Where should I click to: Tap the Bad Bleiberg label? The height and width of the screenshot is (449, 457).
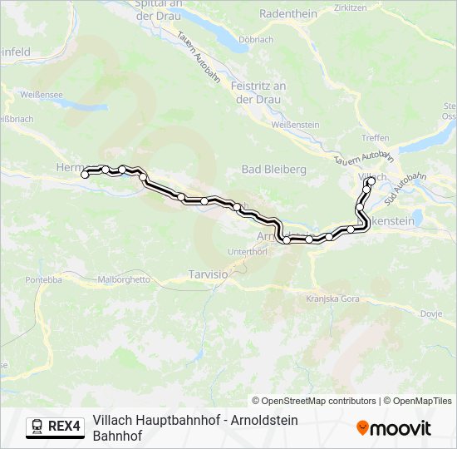pos(273,169)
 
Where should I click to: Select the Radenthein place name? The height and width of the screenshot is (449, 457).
pos(289,14)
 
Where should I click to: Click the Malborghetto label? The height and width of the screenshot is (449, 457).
pos(125,280)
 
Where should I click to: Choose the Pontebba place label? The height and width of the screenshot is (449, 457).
pos(43,280)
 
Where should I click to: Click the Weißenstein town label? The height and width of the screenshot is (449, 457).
pos(295,124)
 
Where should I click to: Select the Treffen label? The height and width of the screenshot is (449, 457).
pos(376,138)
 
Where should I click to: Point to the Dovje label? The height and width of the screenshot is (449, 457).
pos(431,313)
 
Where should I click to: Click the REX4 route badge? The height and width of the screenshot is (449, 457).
pos(56,427)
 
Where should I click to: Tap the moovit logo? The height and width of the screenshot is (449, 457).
pos(394,428)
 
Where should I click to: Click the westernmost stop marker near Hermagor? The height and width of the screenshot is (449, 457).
pos(85,175)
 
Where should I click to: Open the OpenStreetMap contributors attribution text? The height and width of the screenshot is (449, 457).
pos(314,401)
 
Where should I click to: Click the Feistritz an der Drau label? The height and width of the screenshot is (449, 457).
pos(258,92)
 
